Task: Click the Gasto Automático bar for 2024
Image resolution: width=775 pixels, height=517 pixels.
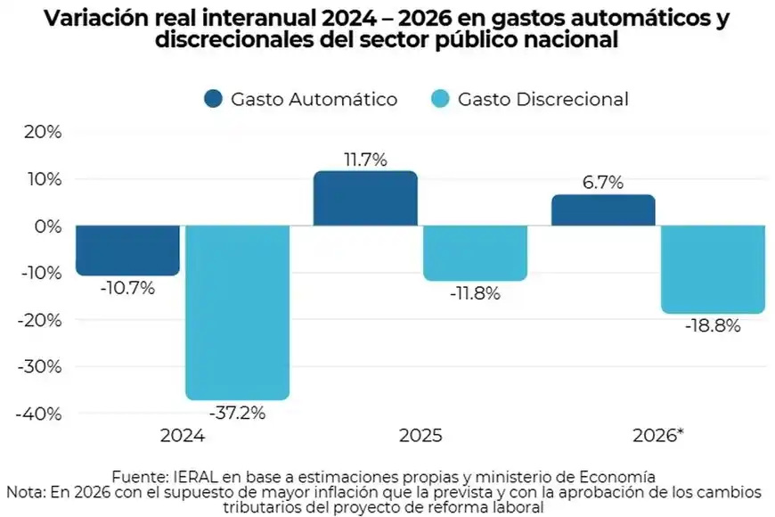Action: [x=127, y=250]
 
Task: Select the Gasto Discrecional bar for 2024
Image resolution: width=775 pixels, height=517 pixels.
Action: [x=237, y=312]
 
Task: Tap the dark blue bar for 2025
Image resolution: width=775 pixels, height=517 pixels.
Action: [x=365, y=198]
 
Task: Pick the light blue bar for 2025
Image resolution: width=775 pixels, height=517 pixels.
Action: [x=475, y=253]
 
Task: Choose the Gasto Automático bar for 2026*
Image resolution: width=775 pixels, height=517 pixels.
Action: [x=603, y=210]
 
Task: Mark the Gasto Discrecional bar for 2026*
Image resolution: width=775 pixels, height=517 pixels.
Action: [x=713, y=269]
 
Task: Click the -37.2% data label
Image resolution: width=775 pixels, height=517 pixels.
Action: [x=237, y=413]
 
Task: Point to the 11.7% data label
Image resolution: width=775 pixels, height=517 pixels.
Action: [x=365, y=160]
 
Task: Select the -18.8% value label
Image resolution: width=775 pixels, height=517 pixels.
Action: [x=713, y=325]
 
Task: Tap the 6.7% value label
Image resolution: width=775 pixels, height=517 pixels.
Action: [x=603, y=183]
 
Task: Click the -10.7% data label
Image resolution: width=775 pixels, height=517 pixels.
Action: [x=127, y=288]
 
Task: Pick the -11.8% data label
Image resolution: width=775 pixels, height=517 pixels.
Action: [x=475, y=293]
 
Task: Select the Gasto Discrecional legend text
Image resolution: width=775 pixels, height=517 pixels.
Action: [x=542, y=99]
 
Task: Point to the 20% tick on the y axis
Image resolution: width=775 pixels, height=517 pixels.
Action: [x=43, y=133]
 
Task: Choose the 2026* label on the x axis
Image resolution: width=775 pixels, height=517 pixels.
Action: [x=657, y=436]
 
